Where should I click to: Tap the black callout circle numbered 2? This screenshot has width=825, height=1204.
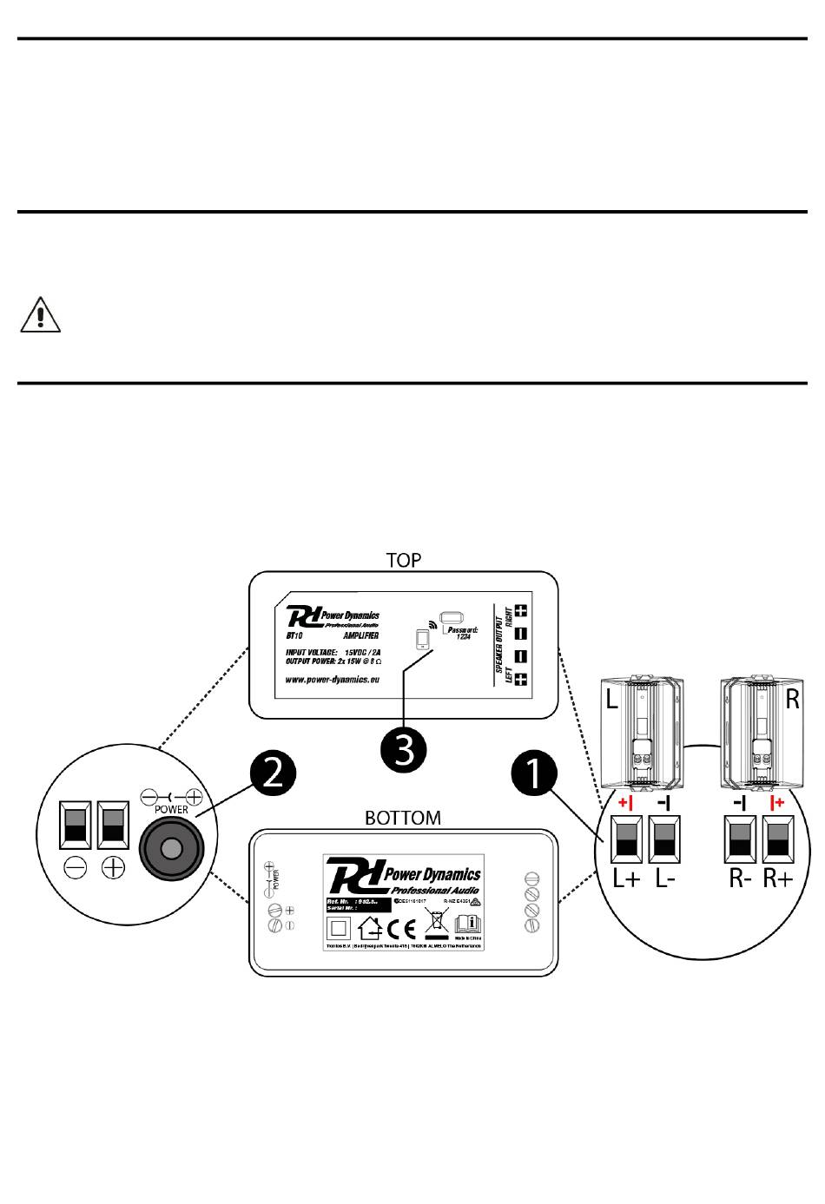pyautogui.click(x=272, y=772)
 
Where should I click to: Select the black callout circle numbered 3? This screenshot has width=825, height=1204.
pyautogui.click(x=404, y=747)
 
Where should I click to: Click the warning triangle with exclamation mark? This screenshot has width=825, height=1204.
pyautogui.click(x=40, y=315)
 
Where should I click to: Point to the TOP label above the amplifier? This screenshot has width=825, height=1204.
pyautogui.click(x=404, y=560)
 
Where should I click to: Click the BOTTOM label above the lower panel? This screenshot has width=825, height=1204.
pyautogui.click(x=402, y=818)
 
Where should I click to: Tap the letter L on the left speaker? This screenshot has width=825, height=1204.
pyautogui.click(x=612, y=699)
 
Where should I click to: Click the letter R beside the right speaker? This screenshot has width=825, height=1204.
pyautogui.click(x=792, y=699)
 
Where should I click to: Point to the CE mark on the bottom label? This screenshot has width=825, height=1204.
pyautogui.click(x=399, y=930)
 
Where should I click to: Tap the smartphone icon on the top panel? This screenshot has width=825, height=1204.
pyautogui.click(x=423, y=639)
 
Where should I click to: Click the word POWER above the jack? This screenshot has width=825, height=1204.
pyautogui.click(x=171, y=808)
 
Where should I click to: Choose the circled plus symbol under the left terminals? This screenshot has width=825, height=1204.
pyautogui.click(x=113, y=867)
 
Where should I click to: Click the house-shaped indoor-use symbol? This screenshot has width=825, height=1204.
pyautogui.click(x=370, y=930)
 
